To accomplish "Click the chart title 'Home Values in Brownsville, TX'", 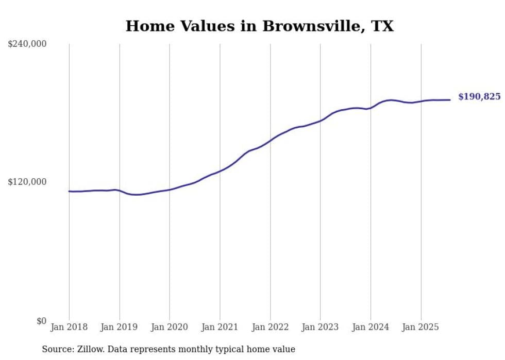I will coord(259,26).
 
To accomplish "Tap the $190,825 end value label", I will coord(479,97).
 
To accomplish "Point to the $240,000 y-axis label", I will coord(27,44).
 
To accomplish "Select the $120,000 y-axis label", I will coord(27,182).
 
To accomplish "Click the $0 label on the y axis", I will coord(41,321).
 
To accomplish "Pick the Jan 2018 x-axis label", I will coord(69,327).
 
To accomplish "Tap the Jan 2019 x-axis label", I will coord(120,327).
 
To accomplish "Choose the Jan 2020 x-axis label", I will coord(170,327).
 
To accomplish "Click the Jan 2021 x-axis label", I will coord(220,327).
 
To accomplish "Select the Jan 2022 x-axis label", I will coord(270,327).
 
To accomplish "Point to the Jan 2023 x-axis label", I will coord(321,327).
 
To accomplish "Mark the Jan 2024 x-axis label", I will coord(371,327).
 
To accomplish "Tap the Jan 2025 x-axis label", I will coord(421,327).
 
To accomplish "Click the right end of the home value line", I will coord(450,100).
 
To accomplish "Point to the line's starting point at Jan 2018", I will coord(69,191).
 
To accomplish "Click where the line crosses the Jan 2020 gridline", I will coord(170,190).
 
